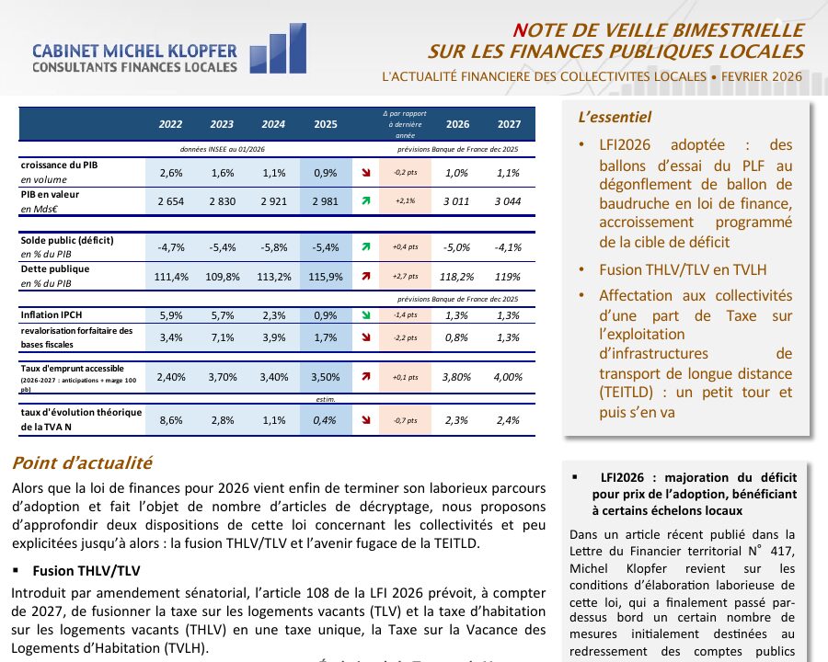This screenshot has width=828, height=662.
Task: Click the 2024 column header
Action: point(273,124)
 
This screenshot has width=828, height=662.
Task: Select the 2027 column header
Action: point(509,124)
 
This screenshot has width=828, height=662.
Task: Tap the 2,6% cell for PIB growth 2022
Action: point(170,172)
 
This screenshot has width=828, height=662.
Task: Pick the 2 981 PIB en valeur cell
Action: point(325,200)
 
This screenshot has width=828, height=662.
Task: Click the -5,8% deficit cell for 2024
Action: point(273,247)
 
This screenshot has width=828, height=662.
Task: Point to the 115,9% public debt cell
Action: point(325,276)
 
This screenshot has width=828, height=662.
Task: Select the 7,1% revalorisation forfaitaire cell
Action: point(222,338)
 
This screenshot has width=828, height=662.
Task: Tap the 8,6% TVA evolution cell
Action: point(170,420)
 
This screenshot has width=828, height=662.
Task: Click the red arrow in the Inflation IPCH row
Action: point(366,314)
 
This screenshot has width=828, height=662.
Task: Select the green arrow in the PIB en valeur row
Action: point(366,200)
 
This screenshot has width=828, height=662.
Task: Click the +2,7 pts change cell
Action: point(405,276)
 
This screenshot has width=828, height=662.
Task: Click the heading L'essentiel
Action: point(615,118)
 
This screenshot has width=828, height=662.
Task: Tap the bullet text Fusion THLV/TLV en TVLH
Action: point(682,269)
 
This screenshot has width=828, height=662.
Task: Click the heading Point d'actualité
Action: point(82,463)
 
